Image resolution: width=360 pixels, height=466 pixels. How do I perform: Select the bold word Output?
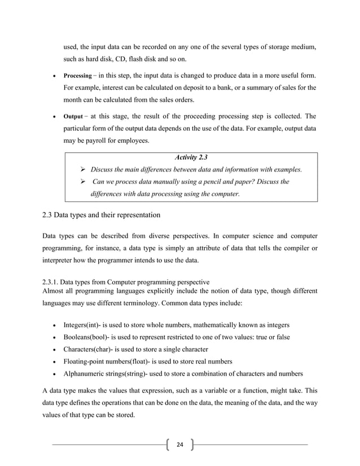point(72,117)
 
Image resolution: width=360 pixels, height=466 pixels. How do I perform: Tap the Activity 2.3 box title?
point(191,156)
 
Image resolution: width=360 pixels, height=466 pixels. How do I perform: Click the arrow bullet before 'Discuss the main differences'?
point(83,169)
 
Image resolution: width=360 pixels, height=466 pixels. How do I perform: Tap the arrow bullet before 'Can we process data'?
point(83,182)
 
